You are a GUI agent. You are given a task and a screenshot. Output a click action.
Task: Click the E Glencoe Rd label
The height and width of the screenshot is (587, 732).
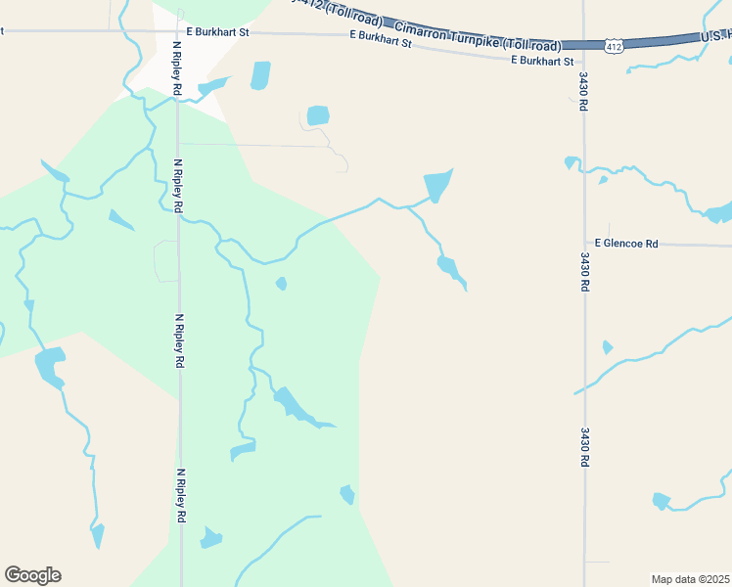[626, 243]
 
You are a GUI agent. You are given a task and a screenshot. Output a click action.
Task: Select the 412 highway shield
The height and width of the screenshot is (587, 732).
[613, 46]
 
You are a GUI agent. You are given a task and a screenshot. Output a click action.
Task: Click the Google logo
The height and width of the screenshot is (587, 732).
[32, 575]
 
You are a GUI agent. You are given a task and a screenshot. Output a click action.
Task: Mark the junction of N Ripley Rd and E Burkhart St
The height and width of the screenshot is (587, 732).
[177, 31]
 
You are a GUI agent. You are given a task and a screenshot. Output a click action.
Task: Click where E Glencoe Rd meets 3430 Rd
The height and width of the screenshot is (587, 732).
[584, 244]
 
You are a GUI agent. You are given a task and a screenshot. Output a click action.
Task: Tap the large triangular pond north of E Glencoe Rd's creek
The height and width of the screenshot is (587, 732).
[436, 184]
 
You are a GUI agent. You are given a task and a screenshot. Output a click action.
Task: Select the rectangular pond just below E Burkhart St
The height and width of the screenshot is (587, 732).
[259, 75]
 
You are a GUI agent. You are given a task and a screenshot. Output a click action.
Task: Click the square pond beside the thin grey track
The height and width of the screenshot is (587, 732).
[318, 115]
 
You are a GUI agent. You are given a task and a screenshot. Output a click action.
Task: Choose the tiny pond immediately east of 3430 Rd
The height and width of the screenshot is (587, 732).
[608, 347]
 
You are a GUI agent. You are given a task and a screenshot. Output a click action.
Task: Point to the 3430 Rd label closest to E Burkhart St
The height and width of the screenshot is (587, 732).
[582, 91]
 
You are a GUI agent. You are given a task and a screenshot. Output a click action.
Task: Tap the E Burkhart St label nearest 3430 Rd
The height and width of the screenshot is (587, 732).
[542, 61]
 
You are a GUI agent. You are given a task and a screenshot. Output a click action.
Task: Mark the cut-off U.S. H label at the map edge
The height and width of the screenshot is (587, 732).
[714, 36]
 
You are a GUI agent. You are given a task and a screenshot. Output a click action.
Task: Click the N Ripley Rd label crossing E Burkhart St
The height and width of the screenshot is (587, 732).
[177, 67]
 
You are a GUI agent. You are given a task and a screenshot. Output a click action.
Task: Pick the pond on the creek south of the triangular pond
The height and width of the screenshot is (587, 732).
[449, 267]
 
